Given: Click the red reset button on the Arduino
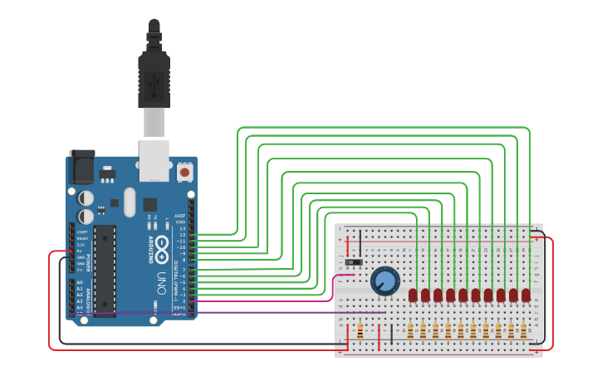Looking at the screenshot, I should (x=185, y=172).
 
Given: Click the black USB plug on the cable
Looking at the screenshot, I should (x=154, y=80).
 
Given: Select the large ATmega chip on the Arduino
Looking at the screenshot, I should (x=105, y=270).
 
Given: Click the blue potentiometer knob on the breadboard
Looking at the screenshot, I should (x=385, y=281).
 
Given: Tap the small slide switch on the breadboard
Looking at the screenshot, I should (x=354, y=262).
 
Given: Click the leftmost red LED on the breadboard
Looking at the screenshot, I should (x=413, y=295).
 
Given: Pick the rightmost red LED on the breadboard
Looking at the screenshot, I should (x=526, y=295).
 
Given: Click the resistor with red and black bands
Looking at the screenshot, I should (x=360, y=332).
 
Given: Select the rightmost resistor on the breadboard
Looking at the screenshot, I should (x=523, y=331).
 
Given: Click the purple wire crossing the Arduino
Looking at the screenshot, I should (x=249, y=313).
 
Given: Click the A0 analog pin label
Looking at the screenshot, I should (x=80, y=282).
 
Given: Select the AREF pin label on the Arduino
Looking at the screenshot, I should (x=179, y=215).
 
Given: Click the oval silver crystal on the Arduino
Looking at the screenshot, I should (x=129, y=201).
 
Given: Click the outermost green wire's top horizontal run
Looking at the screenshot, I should (x=382, y=128).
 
